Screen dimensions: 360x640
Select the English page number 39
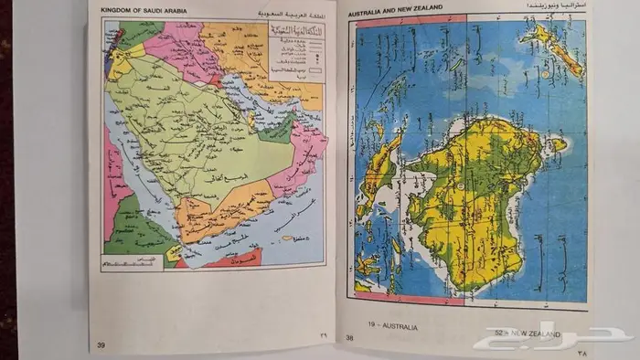[100, 344]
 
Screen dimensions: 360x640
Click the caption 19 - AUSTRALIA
[393, 325]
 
